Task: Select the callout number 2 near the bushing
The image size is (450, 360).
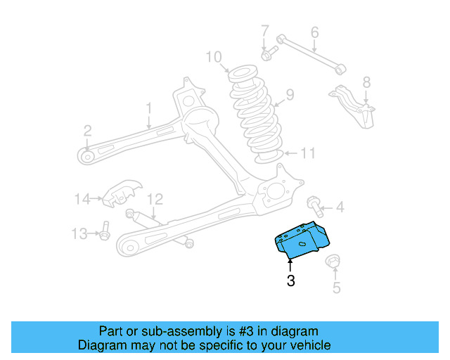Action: pyautogui.click(x=87, y=130)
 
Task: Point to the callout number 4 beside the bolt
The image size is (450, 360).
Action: pyautogui.click(x=340, y=207)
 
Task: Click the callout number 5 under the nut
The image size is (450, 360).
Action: pyautogui.click(x=336, y=287)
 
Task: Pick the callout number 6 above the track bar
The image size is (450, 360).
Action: pyautogui.click(x=314, y=32)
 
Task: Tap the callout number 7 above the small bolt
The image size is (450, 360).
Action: pyautogui.click(x=265, y=31)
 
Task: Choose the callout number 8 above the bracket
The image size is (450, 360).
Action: pyautogui.click(x=366, y=82)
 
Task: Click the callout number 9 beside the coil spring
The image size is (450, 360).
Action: pyautogui.click(x=290, y=94)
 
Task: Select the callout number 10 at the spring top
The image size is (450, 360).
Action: pyautogui.click(x=214, y=56)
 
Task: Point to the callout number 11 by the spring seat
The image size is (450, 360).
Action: pyautogui.click(x=309, y=153)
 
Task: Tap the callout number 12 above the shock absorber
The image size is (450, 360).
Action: pyautogui.click(x=155, y=199)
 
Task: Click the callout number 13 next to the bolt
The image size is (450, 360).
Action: pyautogui.click(x=79, y=233)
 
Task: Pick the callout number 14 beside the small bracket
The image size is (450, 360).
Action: pyautogui.click(x=83, y=199)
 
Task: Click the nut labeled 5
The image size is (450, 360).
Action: pyautogui.click(x=333, y=263)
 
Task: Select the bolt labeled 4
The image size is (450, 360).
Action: pyautogui.click(x=314, y=206)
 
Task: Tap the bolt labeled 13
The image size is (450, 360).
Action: pyautogui.click(x=104, y=232)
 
